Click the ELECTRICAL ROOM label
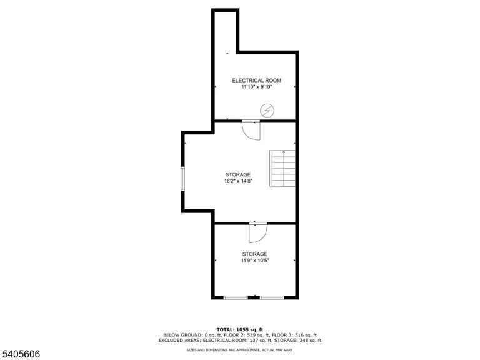point(256,81)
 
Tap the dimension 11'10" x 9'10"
point(256,87)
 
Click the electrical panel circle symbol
point(267,111)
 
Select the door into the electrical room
point(251,130)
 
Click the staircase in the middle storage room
point(282,168)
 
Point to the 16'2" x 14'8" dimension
point(238,181)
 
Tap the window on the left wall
point(182,179)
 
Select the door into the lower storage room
point(258,232)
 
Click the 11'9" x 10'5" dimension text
point(255,261)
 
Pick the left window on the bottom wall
point(236,297)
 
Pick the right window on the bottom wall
point(272,297)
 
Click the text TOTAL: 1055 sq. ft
point(240,330)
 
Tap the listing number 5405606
point(20,354)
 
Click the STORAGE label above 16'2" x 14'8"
point(238,174)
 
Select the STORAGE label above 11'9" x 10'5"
point(255,254)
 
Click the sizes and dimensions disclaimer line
point(240,349)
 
